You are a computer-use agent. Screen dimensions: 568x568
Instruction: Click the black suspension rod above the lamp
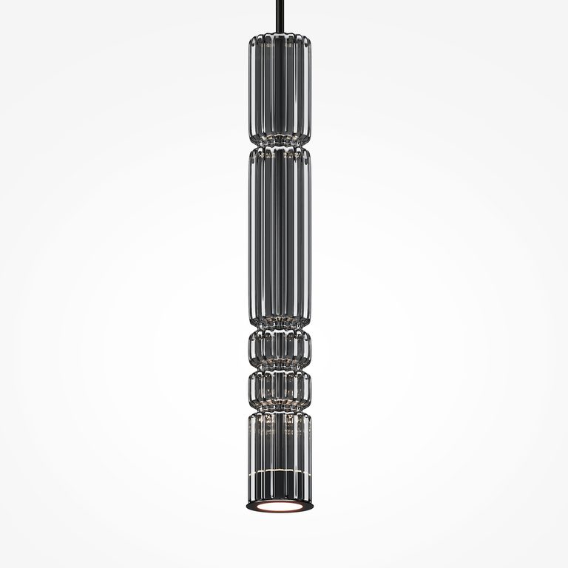[280, 15]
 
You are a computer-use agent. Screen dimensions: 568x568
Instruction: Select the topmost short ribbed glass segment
[280, 89]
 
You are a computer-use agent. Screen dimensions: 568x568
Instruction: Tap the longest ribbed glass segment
[280, 237]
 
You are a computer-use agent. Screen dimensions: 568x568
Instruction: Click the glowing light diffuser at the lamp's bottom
[280, 507]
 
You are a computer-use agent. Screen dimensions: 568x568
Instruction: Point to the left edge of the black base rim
[248, 506]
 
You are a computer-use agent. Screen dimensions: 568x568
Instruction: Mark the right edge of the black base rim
[311, 506]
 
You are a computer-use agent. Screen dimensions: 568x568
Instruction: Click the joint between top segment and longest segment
[280, 145]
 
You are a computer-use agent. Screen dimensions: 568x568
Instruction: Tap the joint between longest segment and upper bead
[280, 328]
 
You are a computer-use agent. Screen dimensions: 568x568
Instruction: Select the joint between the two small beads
[280, 368]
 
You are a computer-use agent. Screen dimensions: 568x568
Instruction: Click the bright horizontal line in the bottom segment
[280, 471]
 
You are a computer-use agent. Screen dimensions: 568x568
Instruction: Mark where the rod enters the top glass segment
[280, 33]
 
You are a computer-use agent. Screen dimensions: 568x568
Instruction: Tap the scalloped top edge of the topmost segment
[280, 38]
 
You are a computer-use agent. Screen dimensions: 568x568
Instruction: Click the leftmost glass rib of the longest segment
[251, 237]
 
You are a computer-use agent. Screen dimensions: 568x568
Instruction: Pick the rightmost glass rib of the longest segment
[308, 237]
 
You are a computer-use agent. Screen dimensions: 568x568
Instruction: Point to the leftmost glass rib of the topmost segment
[251, 89]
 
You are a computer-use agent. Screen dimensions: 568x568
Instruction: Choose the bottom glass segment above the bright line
[280, 440]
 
